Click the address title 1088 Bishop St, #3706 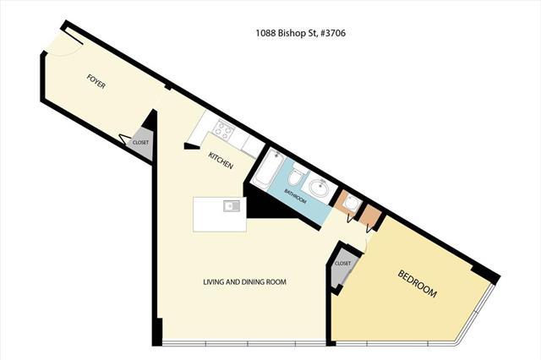coord(300,34)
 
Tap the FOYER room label coord(96,81)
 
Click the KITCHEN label coord(221,161)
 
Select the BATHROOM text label coord(295,196)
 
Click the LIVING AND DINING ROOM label coord(244,282)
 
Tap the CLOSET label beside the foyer coord(141,143)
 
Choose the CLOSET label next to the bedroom coord(342,264)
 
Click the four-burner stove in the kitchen coord(223,128)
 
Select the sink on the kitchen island coord(232,206)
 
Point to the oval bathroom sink coord(320,188)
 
